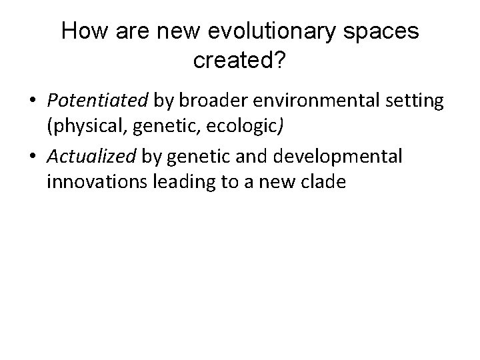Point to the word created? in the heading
pyautogui.click(x=240, y=61)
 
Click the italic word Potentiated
pyautogui.click(x=98, y=101)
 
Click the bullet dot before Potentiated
pyautogui.click(x=33, y=101)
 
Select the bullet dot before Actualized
pyautogui.click(x=33, y=157)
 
